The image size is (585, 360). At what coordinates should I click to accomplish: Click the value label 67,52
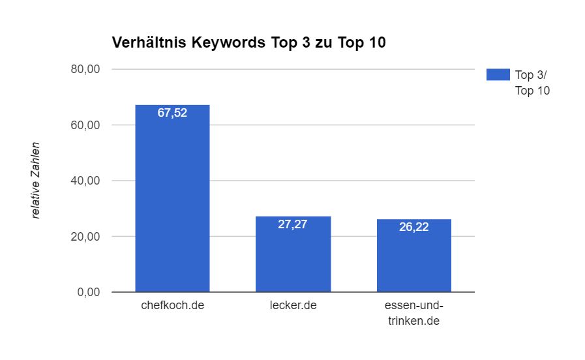click(x=172, y=113)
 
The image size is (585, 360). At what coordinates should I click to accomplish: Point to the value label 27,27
click(x=293, y=224)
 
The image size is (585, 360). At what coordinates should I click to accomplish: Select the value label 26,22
click(x=413, y=227)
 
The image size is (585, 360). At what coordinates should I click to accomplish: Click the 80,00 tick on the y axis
click(x=85, y=69)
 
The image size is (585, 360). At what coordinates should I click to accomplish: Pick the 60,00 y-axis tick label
click(x=85, y=125)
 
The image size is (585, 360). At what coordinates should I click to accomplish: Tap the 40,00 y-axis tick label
click(x=85, y=181)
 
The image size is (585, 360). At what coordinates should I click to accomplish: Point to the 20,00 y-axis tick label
click(x=85, y=237)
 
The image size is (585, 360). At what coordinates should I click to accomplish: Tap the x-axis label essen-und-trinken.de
click(x=413, y=314)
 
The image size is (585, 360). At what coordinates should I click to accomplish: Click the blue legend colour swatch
click(x=497, y=74)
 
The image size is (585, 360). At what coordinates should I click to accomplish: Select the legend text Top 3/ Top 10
click(x=532, y=83)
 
